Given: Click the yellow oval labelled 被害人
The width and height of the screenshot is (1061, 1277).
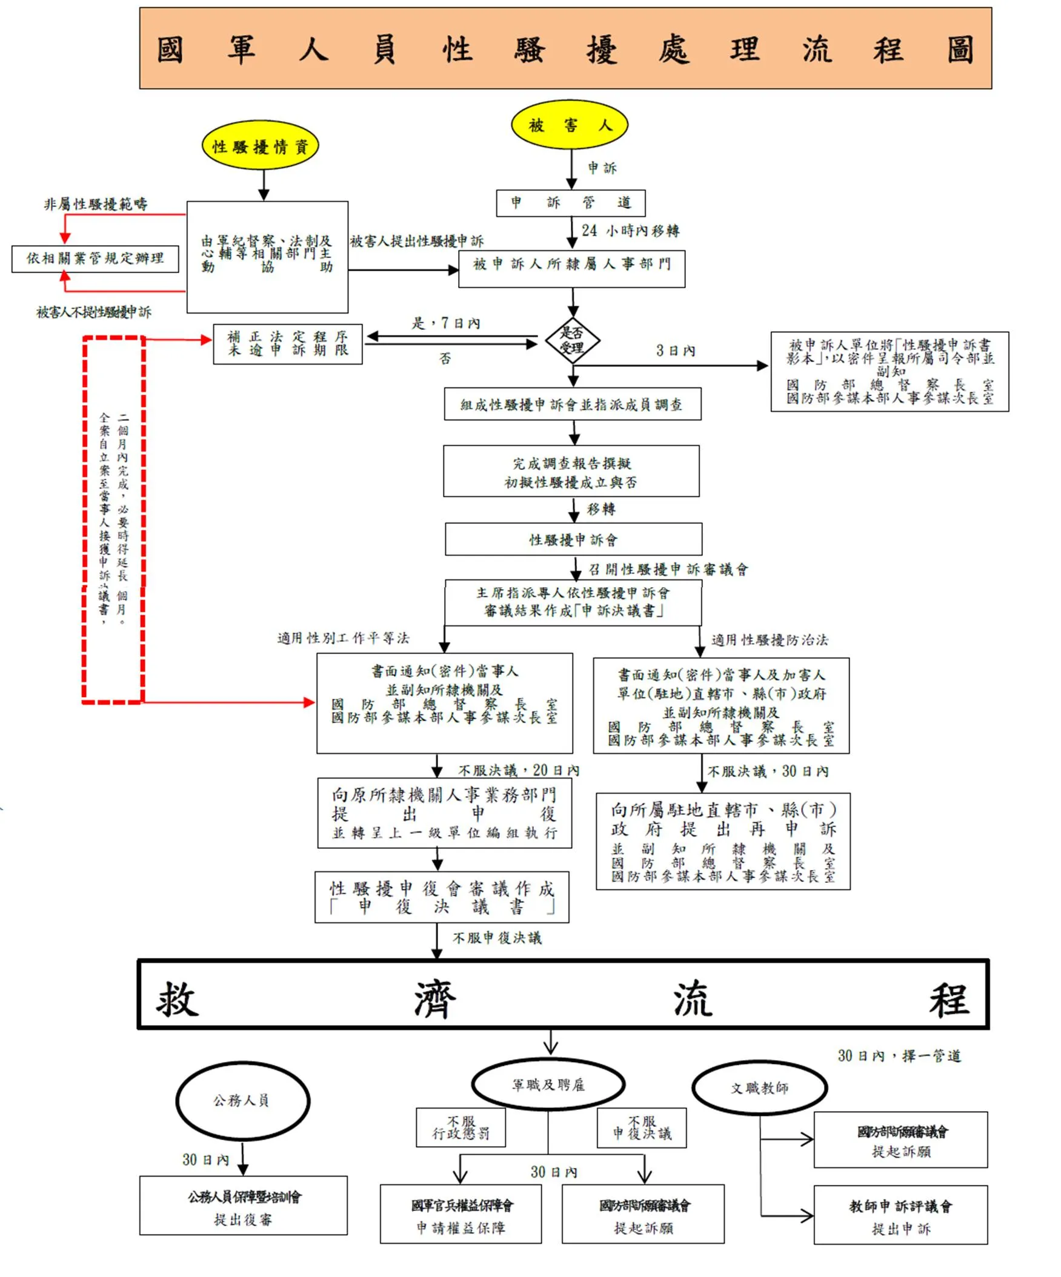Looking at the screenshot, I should (569, 125).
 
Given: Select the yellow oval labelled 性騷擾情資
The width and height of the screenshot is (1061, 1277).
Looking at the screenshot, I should (260, 146).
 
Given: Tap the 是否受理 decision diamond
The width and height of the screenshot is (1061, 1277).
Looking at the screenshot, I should (572, 340).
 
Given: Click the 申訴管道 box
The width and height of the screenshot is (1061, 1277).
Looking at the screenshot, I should (570, 203).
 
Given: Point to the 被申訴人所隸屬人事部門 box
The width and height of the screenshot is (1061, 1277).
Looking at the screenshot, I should (571, 268).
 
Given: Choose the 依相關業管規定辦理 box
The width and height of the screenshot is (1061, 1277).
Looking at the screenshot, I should (96, 259).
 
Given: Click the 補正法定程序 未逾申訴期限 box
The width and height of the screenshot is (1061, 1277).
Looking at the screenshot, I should (287, 344).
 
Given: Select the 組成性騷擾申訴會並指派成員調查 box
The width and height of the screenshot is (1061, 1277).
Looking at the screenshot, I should (572, 404).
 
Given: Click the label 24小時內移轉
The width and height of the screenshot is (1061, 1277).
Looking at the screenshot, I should (630, 231).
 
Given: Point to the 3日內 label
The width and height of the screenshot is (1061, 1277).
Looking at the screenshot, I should (675, 351).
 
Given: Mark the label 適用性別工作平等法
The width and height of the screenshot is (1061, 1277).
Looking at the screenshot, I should (343, 638).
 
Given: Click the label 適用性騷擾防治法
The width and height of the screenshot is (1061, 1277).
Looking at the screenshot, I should (770, 640).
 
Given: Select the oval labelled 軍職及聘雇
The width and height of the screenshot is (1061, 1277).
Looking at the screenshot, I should (548, 1085).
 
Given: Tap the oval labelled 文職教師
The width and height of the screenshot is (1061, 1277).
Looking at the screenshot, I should (759, 1089).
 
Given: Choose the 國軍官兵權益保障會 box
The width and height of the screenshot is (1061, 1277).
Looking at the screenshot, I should (461, 1215).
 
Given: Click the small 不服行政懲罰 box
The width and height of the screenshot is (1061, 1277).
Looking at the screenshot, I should (461, 1127).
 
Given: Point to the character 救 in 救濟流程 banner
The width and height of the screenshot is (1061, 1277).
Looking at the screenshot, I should (177, 1000).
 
